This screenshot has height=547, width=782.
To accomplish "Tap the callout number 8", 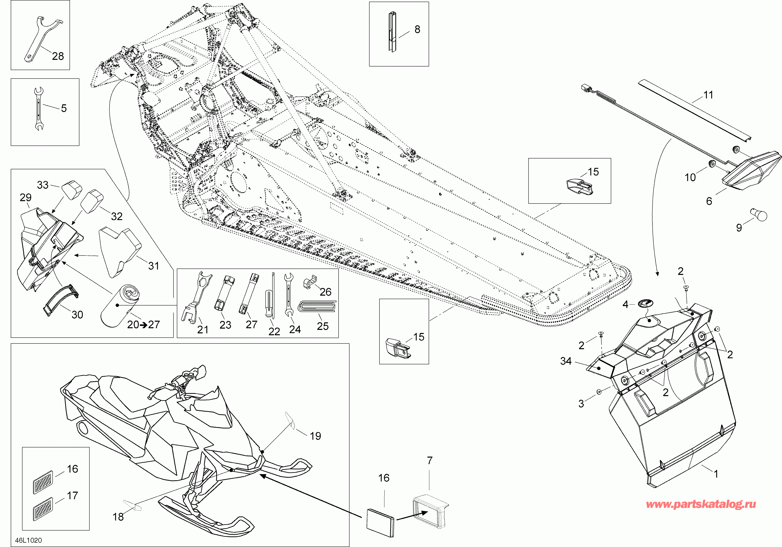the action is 417,29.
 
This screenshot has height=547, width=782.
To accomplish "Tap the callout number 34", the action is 566,361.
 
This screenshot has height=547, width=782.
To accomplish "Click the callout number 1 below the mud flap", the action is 716,474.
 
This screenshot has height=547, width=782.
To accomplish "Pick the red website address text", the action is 701,504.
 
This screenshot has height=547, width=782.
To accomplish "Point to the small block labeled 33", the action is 72,189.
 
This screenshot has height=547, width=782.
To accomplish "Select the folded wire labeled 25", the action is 317,306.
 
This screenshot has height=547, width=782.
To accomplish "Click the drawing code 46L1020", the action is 29,540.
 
